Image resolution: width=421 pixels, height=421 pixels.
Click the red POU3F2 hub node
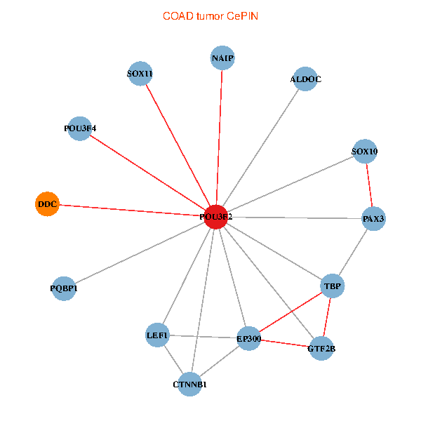(216, 218)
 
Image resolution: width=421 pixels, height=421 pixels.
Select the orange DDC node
(47, 204)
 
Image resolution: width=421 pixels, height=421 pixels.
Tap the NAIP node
(222, 58)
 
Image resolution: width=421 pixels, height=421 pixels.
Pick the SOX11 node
(140, 74)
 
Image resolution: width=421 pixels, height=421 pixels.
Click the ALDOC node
(306, 79)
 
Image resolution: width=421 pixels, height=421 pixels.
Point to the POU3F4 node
(80, 128)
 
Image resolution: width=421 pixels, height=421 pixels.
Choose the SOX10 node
(365, 151)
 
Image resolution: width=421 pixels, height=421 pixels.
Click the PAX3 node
(373, 219)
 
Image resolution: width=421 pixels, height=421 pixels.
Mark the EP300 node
(249, 339)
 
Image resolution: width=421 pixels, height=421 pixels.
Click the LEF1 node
(158, 335)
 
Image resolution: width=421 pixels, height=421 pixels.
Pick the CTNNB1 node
(189, 384)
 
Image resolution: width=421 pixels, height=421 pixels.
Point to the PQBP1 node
(64, 288)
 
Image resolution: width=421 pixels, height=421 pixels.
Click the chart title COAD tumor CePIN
(210, 15)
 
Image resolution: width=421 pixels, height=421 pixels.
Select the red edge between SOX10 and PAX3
(369, 185)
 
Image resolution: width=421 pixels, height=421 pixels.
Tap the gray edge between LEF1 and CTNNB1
(173, 359)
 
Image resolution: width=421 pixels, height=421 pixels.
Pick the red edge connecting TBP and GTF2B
(327, 317)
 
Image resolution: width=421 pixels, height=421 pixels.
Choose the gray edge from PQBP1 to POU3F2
(140, 253)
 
